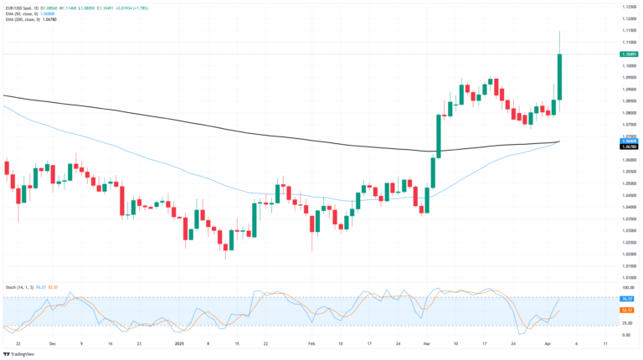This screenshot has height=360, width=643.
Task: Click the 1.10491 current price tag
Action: coord(630,54)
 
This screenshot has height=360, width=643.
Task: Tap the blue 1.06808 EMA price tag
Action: coord(630,141)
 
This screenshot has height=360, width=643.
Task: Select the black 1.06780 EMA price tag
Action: coord(630,147)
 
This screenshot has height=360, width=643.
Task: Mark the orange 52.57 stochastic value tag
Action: coord(630,310)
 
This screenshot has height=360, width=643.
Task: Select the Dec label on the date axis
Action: coord(52,343)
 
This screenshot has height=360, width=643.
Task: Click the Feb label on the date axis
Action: coord(311,343)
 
